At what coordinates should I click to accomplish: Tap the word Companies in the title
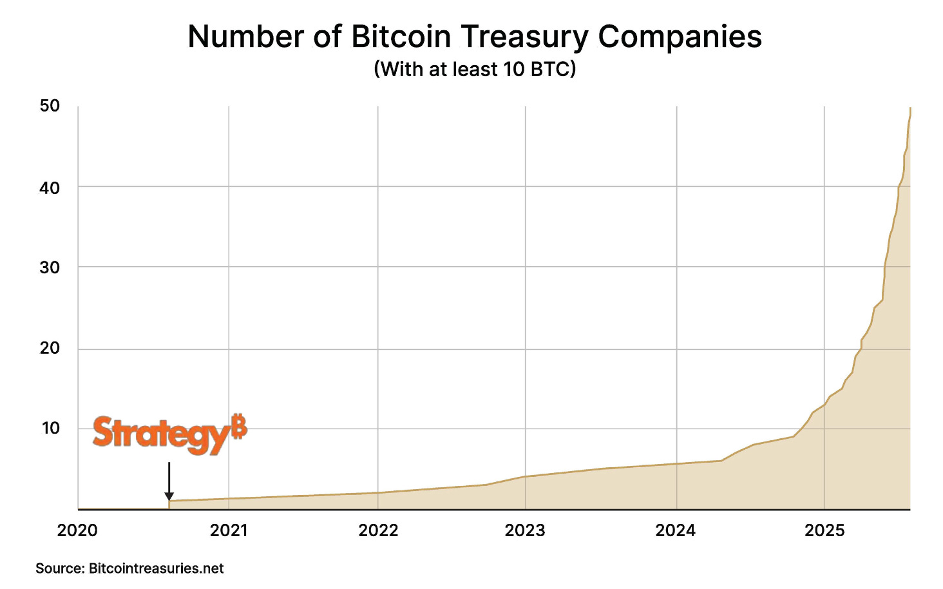pos(680,37)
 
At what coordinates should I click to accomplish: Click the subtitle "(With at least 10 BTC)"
pos(475,69)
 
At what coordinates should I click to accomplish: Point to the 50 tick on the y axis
pos(50,106)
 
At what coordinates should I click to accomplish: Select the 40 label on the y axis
pos(50,188)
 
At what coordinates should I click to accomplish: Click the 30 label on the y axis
pos(50,267)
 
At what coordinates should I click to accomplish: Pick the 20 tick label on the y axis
pos(50,348)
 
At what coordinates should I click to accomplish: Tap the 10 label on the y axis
pos(50,428)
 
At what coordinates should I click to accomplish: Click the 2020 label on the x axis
pos(77,530)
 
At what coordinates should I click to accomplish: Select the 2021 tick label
pos(229,530)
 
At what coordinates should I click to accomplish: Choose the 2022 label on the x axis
pos(378,530)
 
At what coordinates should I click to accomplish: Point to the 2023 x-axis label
pos(525,530)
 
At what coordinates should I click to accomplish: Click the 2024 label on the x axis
pos(676,530)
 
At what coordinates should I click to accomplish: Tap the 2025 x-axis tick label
pos(824,530)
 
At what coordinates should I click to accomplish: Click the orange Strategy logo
pos(161,434)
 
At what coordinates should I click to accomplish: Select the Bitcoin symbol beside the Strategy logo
pos(239,427)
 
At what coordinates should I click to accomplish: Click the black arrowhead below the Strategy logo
pos(169,496)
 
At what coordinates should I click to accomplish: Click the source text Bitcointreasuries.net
pos(156,568)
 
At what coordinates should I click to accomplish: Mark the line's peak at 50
pos(910,108)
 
